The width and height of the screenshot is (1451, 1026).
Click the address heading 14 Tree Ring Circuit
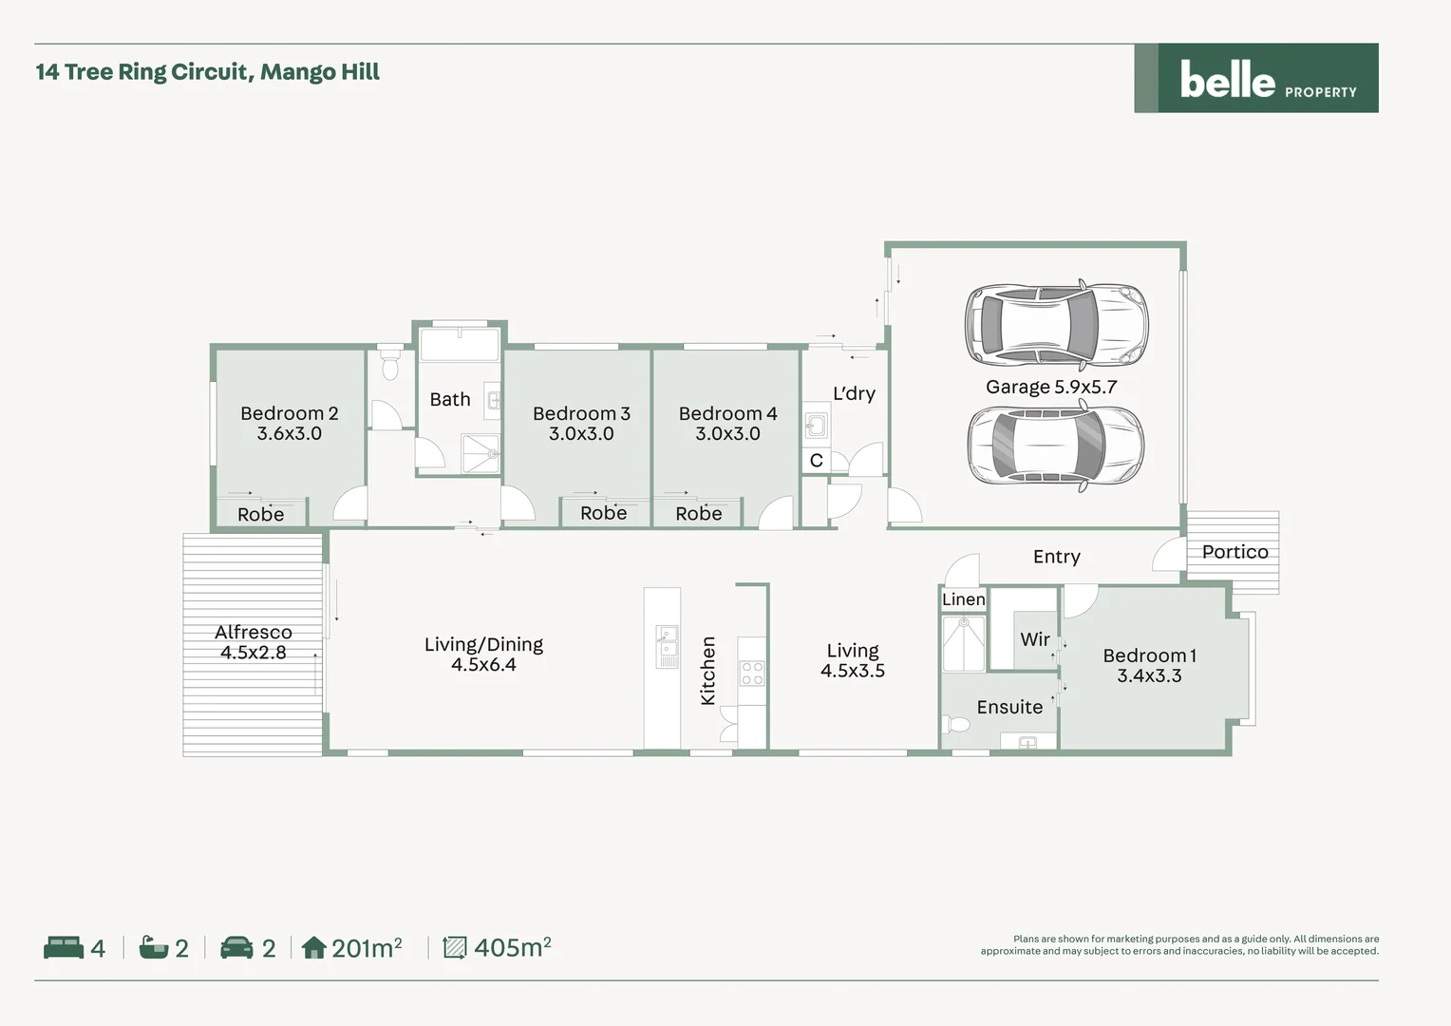[207, 72]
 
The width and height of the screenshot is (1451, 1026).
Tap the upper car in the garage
[1056, 325]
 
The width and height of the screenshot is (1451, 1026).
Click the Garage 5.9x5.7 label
[1051, 387]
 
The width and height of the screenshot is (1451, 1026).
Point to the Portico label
[1234, 552]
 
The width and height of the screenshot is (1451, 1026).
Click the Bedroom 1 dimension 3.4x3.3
[1149, 676]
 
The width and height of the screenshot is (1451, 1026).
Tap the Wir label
[1034, 639]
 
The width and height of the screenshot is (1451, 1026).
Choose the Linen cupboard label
[963, 599]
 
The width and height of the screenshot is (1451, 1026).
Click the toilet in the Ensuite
[957, 725]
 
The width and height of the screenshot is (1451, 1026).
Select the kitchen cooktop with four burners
[752, 674]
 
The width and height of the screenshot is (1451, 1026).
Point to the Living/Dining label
[483, 644]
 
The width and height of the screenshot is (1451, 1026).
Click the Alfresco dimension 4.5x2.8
[253, 653]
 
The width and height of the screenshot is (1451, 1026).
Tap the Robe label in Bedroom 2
[260, 514]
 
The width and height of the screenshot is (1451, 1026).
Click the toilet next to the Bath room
[389, 367]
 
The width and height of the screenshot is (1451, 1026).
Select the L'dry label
[854, 393]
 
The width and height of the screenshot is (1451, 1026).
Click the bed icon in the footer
[64, 947]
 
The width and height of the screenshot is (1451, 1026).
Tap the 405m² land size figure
[512, 947]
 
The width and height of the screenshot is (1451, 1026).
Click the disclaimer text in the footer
[1179, 944]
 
